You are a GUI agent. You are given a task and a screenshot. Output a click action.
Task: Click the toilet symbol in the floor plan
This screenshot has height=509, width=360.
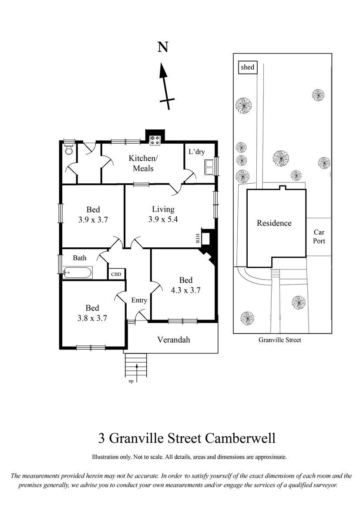pos(68,150)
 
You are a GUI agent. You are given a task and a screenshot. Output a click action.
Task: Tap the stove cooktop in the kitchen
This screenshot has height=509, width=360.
pos(155,140)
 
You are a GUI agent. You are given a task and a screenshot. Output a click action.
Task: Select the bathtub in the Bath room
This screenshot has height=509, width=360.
pos(77,273)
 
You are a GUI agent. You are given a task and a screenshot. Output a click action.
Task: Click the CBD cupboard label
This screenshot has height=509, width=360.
pos(116,274)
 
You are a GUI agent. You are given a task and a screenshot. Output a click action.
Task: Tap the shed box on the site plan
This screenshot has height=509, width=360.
pos(248,67)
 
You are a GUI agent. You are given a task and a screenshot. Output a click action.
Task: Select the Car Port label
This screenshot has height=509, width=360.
pos(319,236)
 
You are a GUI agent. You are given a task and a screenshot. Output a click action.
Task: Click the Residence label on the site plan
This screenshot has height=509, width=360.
pos(274,223)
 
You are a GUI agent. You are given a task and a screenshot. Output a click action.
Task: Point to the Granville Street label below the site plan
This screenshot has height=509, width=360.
pos(280,340)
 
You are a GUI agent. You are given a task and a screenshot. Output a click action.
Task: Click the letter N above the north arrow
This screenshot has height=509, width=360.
pos(163,47)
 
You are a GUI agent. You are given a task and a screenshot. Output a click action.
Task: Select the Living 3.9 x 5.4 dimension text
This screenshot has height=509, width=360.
pos(163,219)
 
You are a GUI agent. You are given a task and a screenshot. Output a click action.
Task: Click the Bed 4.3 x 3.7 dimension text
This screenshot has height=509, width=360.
pos(186,290)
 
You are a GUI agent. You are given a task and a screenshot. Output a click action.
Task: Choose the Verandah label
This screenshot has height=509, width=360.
pos(174,340)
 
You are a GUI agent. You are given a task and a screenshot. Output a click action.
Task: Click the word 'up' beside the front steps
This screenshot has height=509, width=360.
pos(131,381)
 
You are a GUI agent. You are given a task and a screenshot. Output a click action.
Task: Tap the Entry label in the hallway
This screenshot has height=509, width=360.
pos(139,300)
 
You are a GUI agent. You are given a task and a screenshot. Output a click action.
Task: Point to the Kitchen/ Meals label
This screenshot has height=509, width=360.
pos(143,163)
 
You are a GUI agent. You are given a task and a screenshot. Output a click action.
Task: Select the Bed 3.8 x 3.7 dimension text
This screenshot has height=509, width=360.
pos(92,318)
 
